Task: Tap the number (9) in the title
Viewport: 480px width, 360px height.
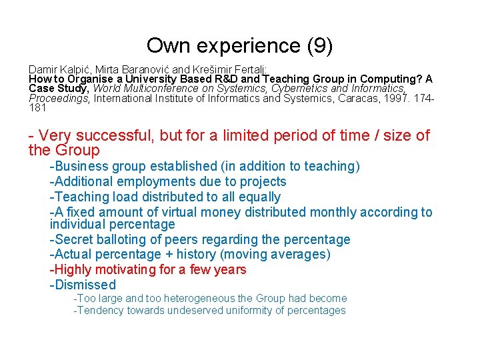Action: [319, 46]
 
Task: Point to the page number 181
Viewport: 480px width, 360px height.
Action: [38, 107]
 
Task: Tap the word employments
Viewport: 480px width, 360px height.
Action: [153, 181]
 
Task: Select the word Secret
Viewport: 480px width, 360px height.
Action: [74, 239]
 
